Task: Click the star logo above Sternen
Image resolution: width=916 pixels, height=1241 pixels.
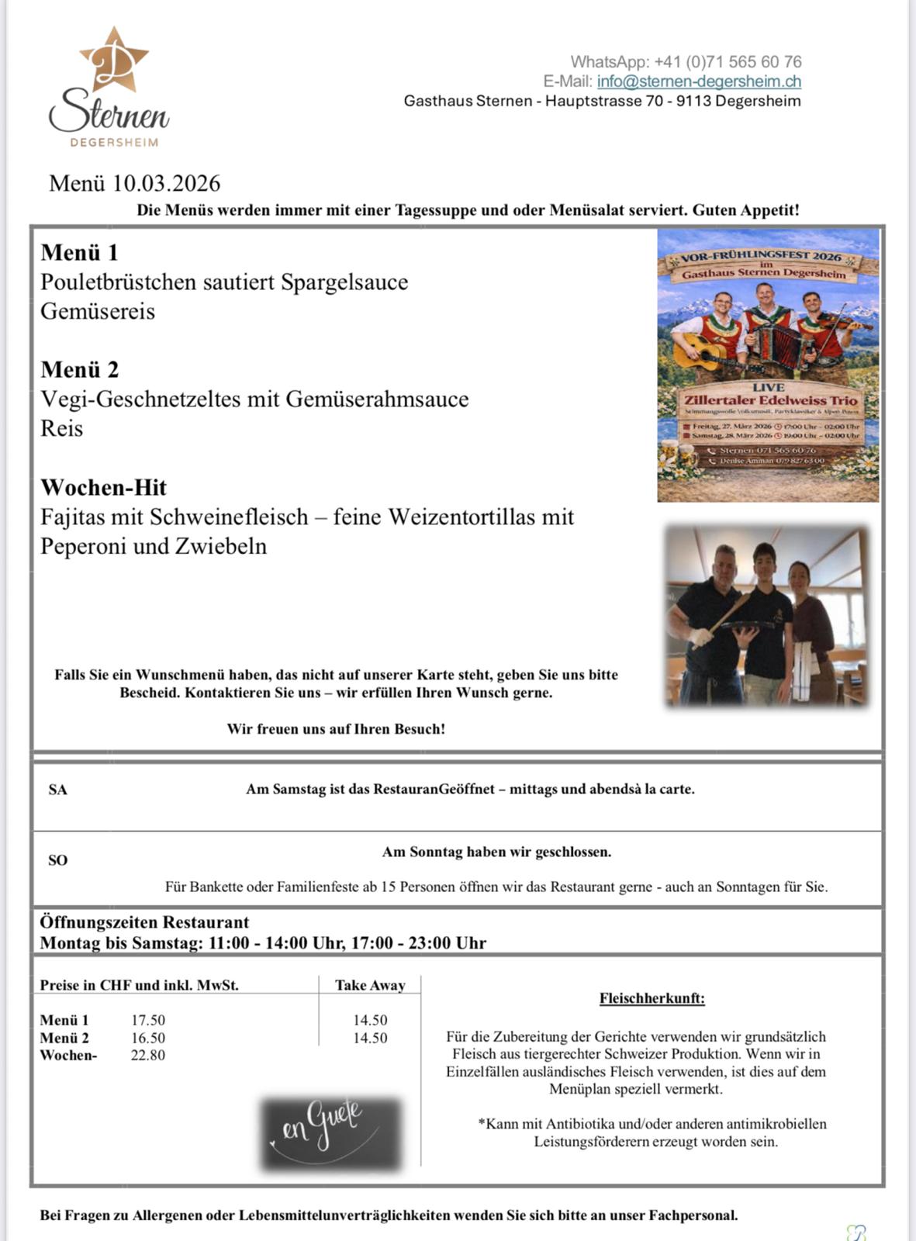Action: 113,60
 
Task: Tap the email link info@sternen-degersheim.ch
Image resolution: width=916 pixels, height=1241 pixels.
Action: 699,81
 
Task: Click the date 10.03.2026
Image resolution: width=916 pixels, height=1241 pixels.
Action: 166,184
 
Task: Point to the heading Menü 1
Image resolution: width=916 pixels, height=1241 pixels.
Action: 79,253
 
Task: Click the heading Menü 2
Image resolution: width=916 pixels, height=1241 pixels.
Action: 79,370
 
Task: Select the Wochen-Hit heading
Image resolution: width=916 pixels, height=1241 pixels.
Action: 103,488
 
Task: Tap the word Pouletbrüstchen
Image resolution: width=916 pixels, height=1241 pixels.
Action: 119,282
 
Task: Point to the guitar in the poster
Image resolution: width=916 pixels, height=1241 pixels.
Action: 698,353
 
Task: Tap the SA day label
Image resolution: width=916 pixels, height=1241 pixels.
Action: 58,790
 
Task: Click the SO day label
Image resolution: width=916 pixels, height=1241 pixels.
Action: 58,860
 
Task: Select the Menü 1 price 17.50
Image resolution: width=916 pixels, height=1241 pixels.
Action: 147,1021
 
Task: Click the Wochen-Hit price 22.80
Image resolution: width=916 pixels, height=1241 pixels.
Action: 147,1056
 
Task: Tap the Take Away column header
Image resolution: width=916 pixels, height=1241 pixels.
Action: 370,986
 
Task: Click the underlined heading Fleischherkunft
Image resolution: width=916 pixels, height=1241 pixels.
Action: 652,999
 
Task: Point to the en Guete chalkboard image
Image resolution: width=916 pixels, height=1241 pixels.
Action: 331,1133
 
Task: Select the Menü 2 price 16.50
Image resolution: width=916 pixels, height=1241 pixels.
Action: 147,1039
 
